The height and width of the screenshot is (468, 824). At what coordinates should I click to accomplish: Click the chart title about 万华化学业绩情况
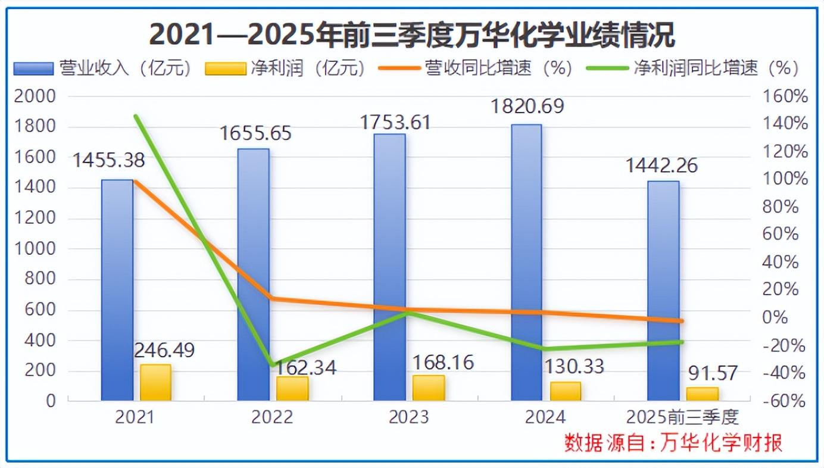(412, 35)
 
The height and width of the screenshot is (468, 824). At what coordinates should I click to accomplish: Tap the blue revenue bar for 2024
(526, 262)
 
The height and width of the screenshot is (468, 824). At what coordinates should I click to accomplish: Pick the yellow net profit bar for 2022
(292, 388)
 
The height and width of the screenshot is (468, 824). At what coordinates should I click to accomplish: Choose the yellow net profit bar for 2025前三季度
(703, 394)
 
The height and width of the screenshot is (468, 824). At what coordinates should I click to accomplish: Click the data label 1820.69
(527, 107)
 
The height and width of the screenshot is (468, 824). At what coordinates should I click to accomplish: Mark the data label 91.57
(713, 373)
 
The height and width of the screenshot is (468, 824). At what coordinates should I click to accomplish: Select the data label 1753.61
(395, 121)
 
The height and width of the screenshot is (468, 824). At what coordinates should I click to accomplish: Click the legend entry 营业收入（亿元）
(105, 68)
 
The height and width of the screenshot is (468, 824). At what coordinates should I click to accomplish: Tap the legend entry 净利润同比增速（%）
(692, 68)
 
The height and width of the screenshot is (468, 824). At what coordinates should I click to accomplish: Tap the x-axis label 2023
(408, 417)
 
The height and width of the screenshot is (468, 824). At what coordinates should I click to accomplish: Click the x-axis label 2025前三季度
(682, 417)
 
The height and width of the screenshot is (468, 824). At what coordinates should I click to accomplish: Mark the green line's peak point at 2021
(136, 116)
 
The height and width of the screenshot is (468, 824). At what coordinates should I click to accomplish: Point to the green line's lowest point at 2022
(272, 364)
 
